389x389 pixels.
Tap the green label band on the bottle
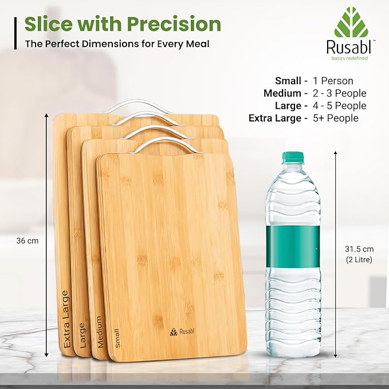coord(293,246)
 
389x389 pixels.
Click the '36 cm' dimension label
coord(27,241)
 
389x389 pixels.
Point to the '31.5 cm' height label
coord(359,249)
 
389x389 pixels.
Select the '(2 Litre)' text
coord(359,260)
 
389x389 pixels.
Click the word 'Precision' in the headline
coord(174,24)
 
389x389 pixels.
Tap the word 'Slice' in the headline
coord(49,24)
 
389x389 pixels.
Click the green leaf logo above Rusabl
coord(351,22)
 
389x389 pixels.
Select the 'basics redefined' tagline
coord(349,58)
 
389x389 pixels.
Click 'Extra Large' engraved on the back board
coord(66,319)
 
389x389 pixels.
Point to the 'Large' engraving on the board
coord(82,335)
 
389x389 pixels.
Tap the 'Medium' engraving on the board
coord(99,332)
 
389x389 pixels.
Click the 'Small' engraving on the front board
coord(117,338)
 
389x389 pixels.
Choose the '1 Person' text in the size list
coord(333,81)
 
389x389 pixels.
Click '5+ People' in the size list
coord(336,118)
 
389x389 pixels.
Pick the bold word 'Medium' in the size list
coord(282,93)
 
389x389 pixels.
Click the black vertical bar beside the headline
coord(15,33)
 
